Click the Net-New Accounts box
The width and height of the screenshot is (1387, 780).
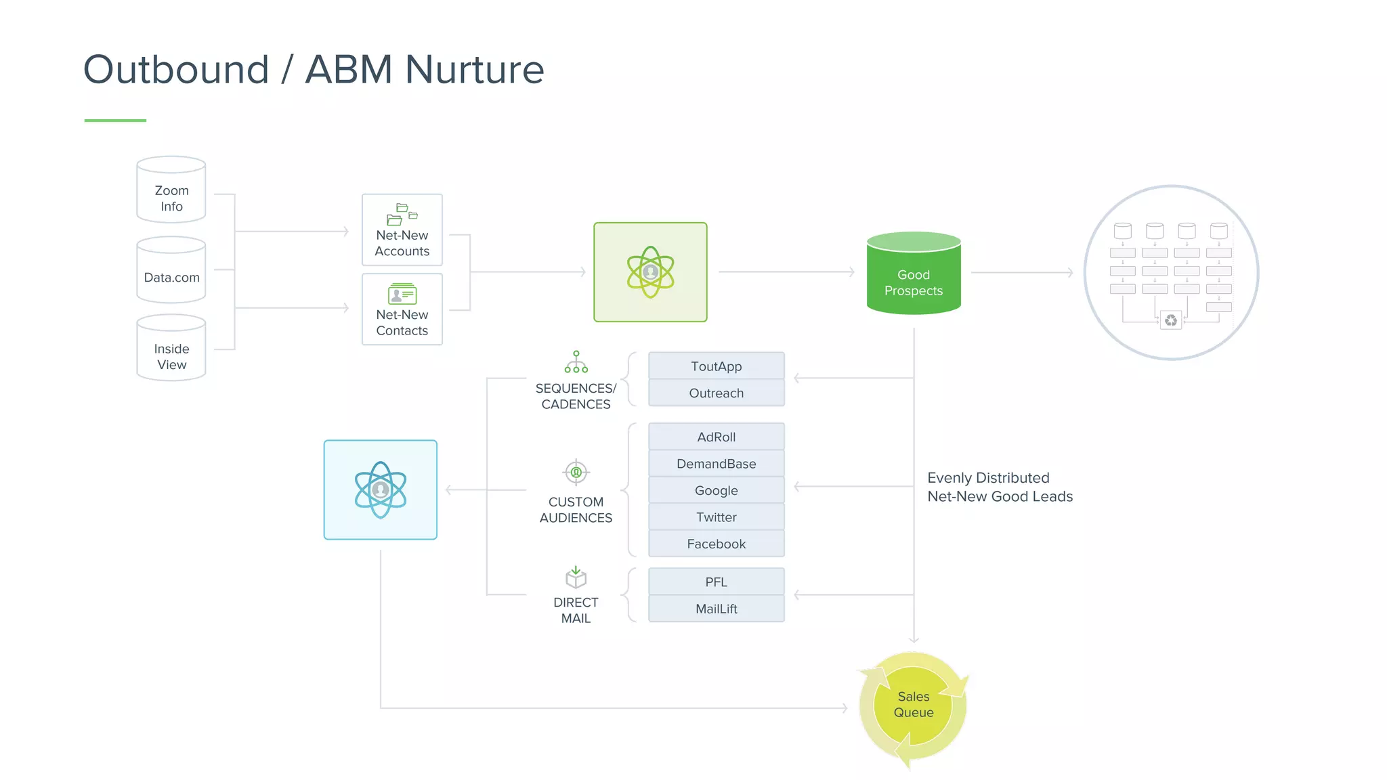pyautogui.click(x=402, y=230)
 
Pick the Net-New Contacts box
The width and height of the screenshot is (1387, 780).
pyautogui.click(x=402, y=309)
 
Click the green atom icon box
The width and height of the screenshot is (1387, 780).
pyautogui.click(x=650, y=272)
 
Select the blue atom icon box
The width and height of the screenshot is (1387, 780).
pyautogui.click(x=381, y=490)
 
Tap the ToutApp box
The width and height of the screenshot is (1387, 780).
pyautogui.click(x=716, y=366)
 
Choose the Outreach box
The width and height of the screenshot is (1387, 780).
pyautogui.click(x=716, y=393)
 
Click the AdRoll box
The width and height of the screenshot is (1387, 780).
pyautogui.click(x=716, y=437)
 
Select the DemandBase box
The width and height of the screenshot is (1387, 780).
pyautogui.click(x=716, y=464)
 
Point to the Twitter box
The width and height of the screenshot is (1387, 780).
pyautogui.click(x=716, y=517)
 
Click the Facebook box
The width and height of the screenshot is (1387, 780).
pyautogui.click(x=716, y=544)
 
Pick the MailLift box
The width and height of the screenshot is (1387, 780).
pyautogui.click(x=716, y=609)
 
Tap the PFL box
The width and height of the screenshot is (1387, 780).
pyautogui.click(x=716, y=582)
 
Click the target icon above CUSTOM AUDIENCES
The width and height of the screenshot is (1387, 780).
pyautogui.click(x=576, y=472)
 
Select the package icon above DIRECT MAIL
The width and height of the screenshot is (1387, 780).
pyautogui.click(x=576, y=578)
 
